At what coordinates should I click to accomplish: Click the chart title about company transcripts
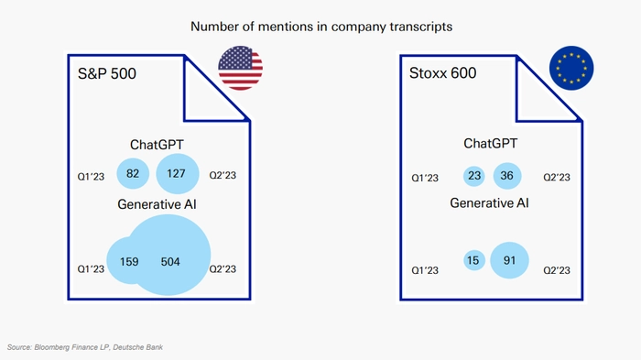321,27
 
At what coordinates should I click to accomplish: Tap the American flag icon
240,68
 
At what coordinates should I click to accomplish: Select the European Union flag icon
571,68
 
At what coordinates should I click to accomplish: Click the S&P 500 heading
107,73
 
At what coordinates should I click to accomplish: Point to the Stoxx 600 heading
442,73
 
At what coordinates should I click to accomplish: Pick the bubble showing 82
133,173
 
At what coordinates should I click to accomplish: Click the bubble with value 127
178,173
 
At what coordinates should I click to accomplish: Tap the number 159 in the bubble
129,261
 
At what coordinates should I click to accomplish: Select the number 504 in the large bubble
170,261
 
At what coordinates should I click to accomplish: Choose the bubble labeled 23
474,176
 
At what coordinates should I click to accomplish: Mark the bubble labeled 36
507,176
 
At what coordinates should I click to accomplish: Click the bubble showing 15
474,260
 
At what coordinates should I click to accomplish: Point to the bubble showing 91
509,260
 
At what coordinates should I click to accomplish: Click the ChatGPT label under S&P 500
157,145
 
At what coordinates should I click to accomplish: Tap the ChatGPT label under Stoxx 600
491,144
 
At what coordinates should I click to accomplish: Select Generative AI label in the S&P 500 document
157,204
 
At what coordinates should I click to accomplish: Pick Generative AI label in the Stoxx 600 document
489,203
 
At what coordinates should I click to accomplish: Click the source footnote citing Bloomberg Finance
85,347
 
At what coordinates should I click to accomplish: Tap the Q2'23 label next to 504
223,269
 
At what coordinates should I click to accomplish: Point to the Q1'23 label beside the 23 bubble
425,178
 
